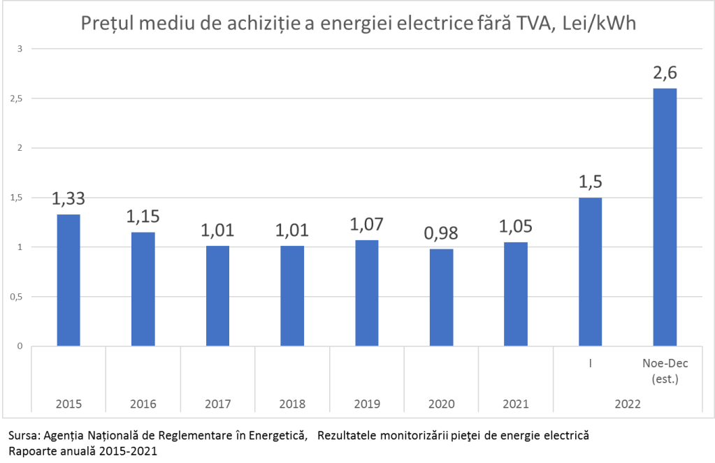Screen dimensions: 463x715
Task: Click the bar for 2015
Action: [x=68, y=280]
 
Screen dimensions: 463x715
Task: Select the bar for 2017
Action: [x=217, y=296]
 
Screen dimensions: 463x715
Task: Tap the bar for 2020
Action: [x=441, y=297]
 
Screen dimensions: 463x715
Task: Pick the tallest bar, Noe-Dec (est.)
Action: [x=665, y=216]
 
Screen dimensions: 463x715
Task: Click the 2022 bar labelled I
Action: [x=591, y=272]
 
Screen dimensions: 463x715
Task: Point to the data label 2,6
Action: [x=665, y=73]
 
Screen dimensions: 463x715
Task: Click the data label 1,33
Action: [x=68, y=199]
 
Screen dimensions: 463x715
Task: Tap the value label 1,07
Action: [x=367, y=225]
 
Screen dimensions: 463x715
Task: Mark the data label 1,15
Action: [x=143, y=216]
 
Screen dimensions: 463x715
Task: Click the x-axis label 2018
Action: [x=292, y=404]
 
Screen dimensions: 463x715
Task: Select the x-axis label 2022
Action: [x=627, y=404]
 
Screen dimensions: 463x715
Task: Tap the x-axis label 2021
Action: [x=516, y=404]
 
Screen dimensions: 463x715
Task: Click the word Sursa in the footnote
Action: [x=22, y=436]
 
